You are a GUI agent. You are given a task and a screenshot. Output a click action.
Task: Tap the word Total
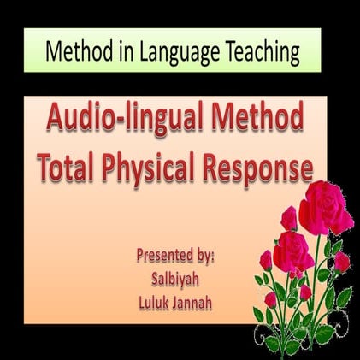pyautogui.click(x=70, y=169)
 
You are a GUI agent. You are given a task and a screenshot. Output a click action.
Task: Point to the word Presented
pyautogui.click(x=168, y=254)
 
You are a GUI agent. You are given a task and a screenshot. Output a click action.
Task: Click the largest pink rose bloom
pyautogui.click(x=325, y=206)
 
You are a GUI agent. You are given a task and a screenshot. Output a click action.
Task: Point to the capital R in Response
pyautogui.click(x=212, y=168)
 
